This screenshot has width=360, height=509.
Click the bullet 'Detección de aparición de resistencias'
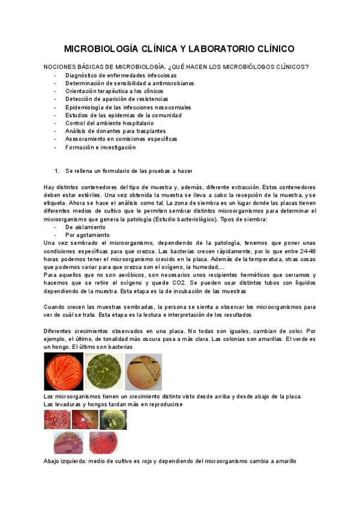117,99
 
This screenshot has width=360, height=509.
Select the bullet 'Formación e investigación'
101,147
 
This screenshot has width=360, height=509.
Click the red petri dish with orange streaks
64,372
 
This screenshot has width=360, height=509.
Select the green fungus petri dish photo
104,372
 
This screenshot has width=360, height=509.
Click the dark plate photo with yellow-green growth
113,420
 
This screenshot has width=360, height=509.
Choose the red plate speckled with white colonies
58,420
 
